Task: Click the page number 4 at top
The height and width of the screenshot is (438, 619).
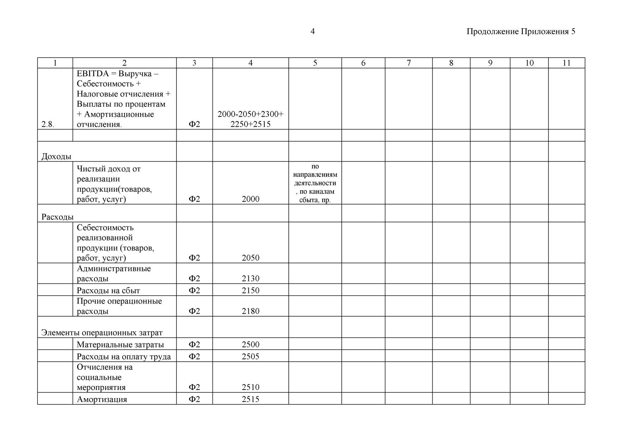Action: (312, 31)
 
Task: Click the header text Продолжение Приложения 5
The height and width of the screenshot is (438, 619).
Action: (521, 31)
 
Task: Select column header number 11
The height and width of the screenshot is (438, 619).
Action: (566, 63)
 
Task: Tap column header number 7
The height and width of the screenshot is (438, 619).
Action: (408, 63)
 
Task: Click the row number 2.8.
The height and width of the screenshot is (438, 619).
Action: (48, 124)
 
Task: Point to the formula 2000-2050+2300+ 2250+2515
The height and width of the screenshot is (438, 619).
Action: (250, 119)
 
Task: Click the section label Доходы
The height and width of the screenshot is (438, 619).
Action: (56, 156)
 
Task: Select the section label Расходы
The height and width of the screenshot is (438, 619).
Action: (57, 217)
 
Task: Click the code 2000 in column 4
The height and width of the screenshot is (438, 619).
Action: (250, 199)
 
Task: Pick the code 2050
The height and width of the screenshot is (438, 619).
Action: (250, 258)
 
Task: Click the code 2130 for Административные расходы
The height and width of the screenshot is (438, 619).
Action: (250, 278)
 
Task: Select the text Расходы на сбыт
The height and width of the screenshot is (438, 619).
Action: (108, 290)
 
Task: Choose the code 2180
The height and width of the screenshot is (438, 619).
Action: (250, 311)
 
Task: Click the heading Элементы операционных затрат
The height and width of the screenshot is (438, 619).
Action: (102, 332)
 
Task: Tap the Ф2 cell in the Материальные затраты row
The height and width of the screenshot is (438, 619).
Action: (194, 344)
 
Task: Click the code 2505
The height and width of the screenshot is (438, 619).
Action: (250, 356)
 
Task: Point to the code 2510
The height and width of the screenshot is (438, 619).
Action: (250, 387)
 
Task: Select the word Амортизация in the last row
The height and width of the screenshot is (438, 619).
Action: (102, 399)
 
